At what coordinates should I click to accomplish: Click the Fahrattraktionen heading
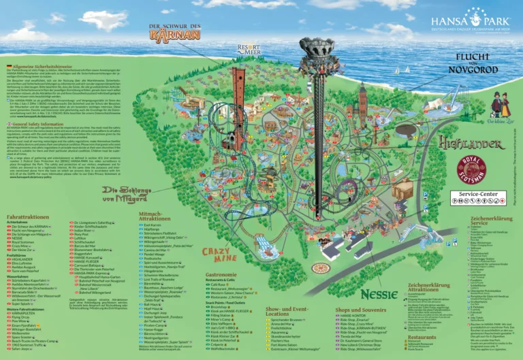(31, 217)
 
